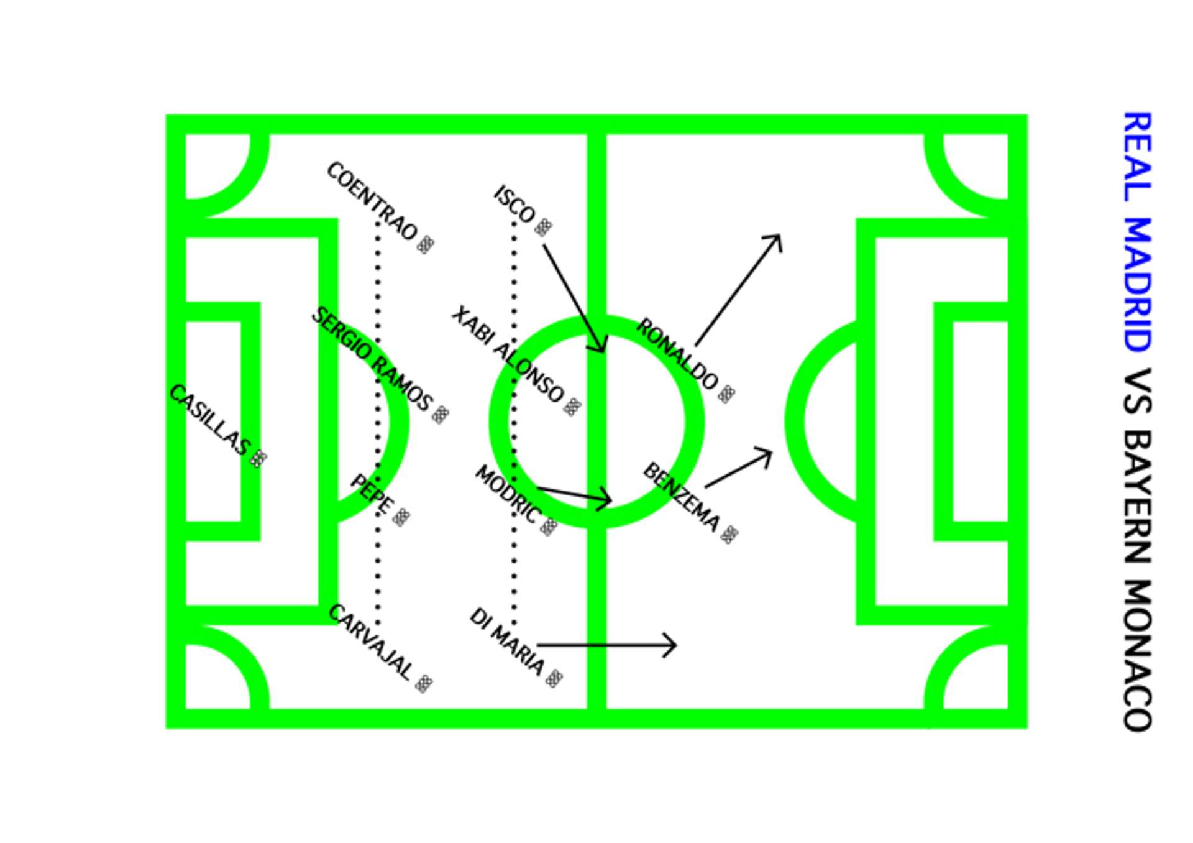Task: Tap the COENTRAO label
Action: click(x=372, y=200)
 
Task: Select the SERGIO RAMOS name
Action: click(x=372, y=358)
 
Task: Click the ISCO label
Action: click(x=514, y=204)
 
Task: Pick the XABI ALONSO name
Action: click(x=508, y=354)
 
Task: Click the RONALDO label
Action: click(x=677, y=353)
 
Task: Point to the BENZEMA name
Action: click(x=682, y=496)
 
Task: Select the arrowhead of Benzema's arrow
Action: click(x=768, y=453)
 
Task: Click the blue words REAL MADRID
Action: click(x=1137, y=231)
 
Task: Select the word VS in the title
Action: click(x=1137, y=392)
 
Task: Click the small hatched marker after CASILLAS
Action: click(x=258, y=459)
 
